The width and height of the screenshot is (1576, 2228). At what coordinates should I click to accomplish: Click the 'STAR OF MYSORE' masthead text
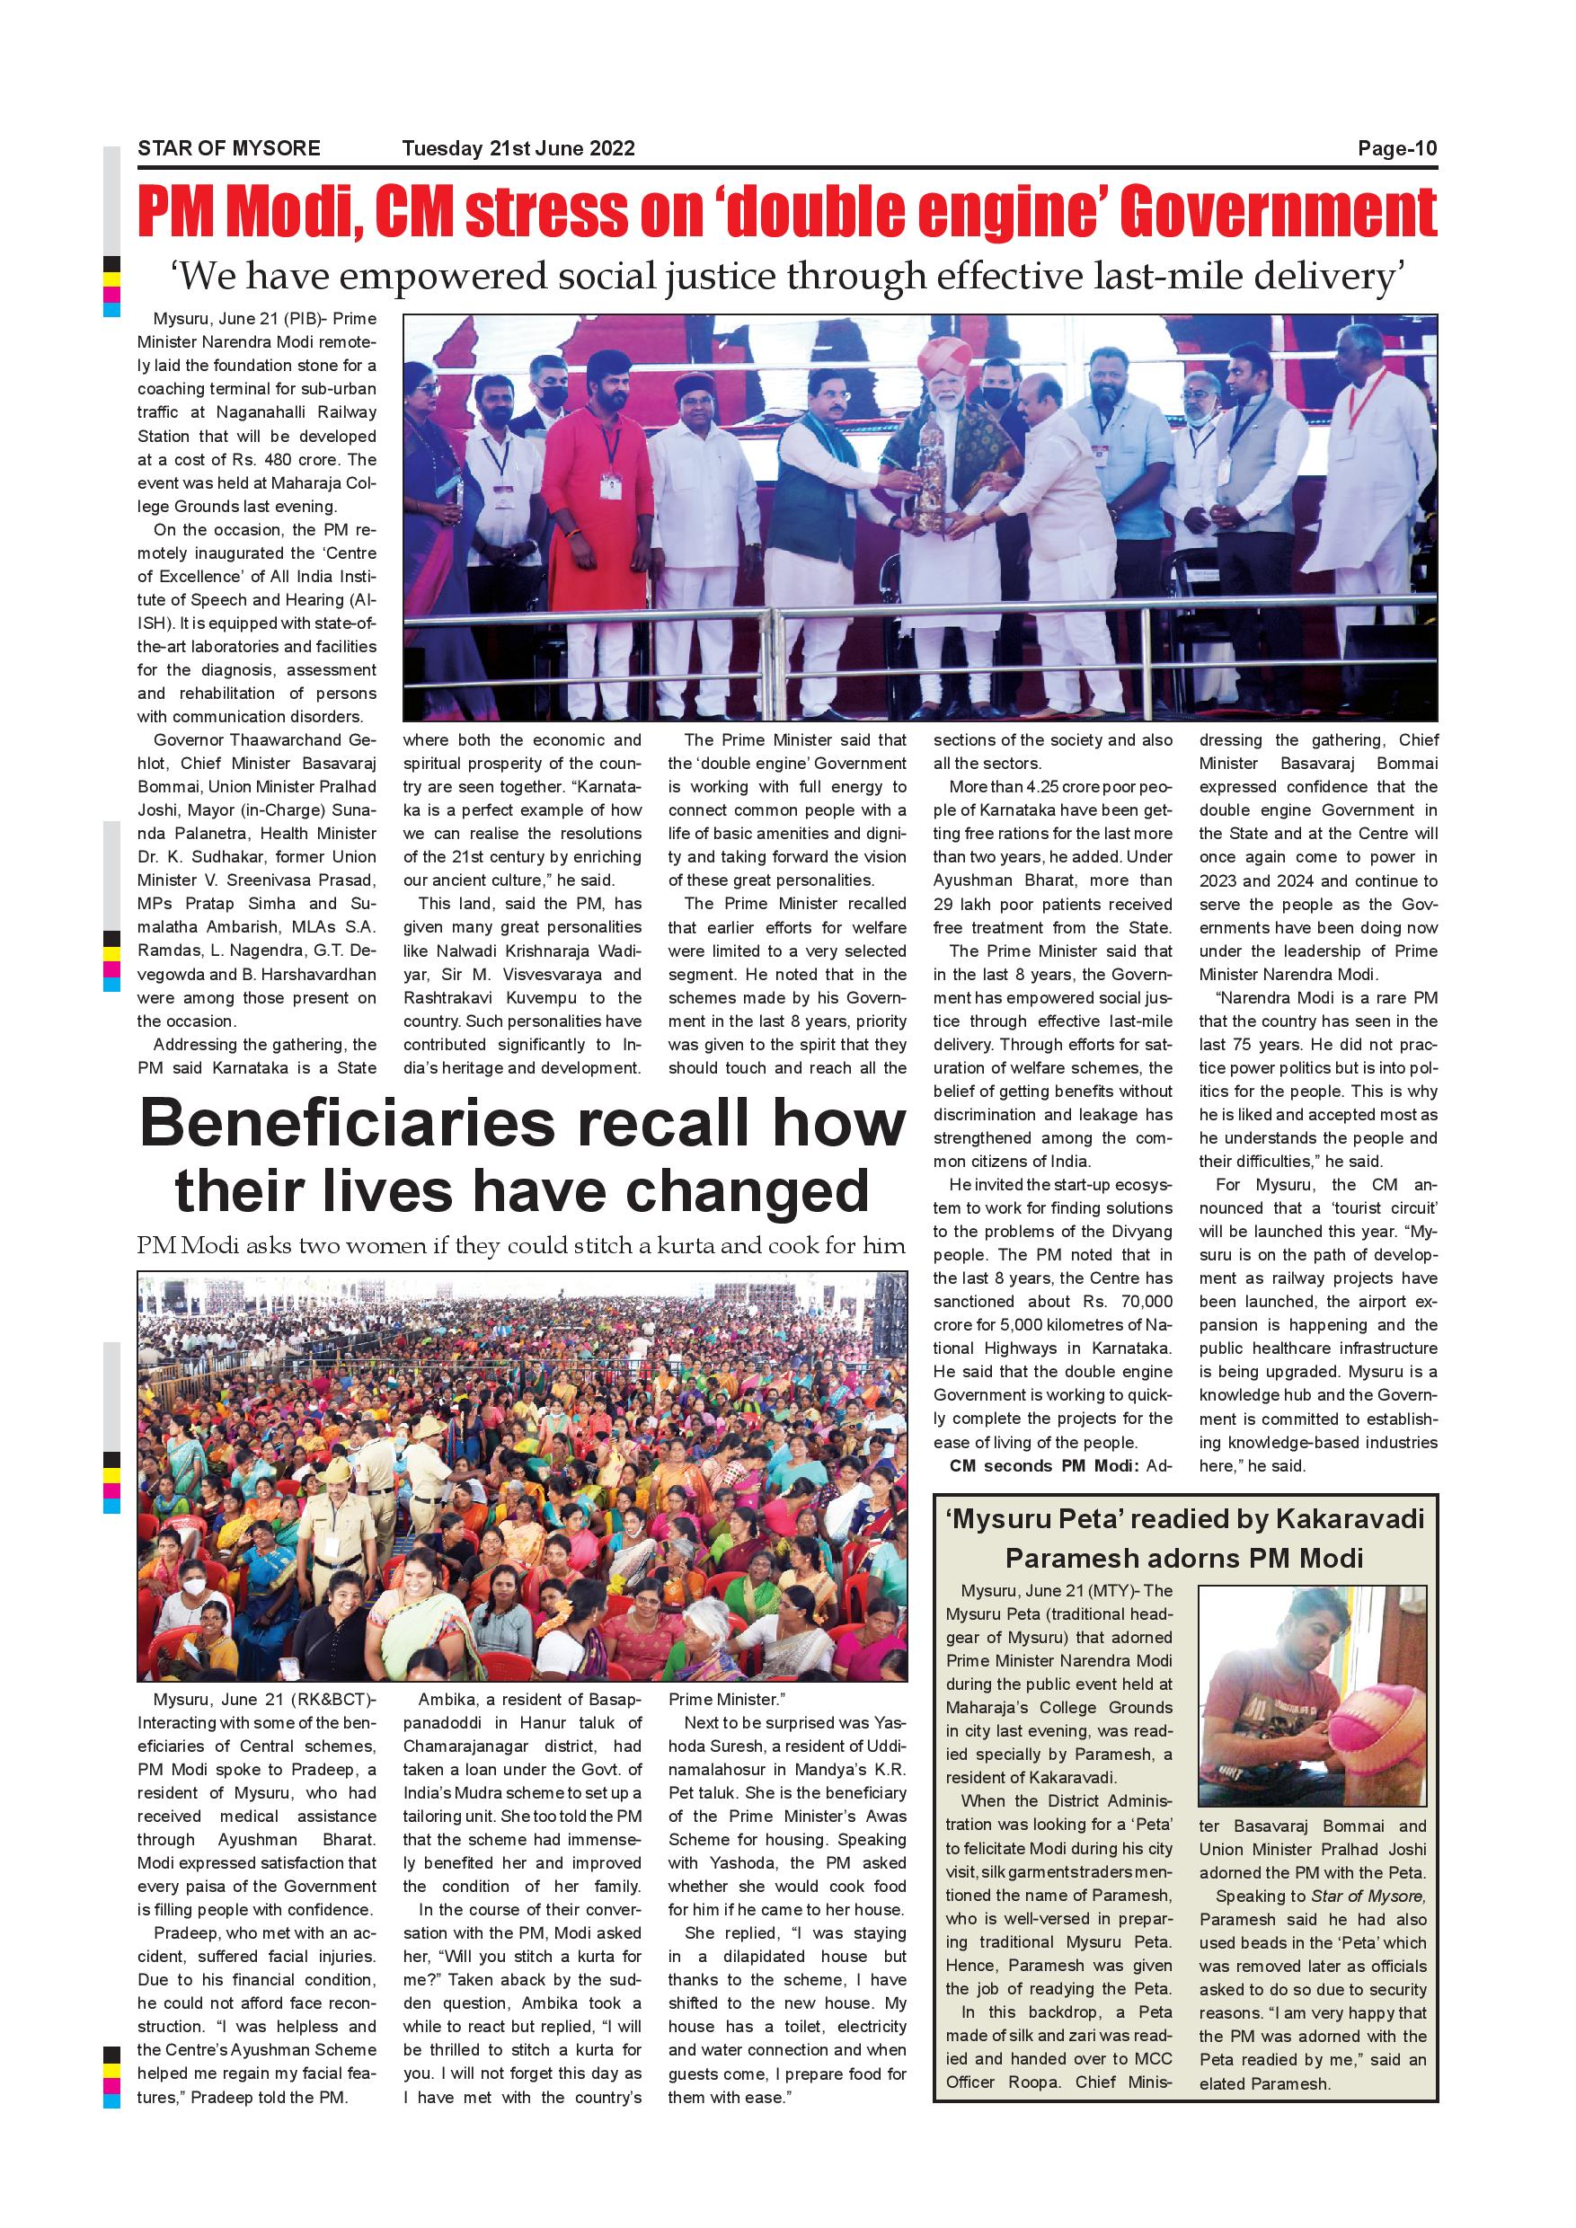click(228, 148)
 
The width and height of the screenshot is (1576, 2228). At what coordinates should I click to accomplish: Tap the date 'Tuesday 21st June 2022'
click(518, 148)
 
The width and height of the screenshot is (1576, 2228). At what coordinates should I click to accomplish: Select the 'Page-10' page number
click(1396, 148)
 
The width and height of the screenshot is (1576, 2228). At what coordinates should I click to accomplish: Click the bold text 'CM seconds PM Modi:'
click(1044, 1466)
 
